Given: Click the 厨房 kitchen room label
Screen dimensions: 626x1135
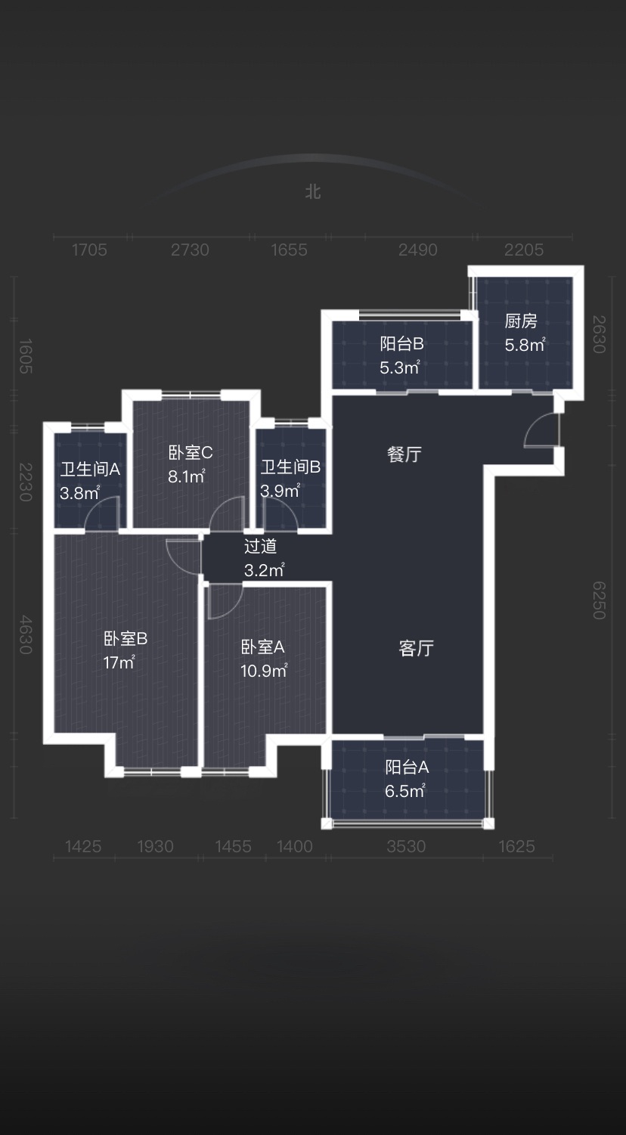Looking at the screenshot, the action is point(521,321).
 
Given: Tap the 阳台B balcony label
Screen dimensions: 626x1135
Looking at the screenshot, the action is point(401,344).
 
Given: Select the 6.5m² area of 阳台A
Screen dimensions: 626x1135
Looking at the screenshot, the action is point(404,790).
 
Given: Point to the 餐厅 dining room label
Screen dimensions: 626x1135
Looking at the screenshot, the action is point(404,454).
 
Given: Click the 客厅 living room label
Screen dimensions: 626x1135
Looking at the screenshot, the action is point(416,649).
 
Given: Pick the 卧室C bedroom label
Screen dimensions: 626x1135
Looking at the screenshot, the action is point(191,452).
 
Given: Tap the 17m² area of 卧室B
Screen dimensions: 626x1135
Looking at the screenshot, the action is point(119,662).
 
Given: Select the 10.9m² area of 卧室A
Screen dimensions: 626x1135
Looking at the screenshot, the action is point(264,671).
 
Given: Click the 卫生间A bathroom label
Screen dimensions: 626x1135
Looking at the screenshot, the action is point(90,470).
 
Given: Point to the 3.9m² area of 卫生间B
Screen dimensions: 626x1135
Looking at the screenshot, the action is point(280,491).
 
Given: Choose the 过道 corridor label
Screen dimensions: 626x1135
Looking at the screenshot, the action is point(260,546).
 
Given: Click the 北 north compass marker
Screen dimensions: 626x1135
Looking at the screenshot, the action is point(313,192).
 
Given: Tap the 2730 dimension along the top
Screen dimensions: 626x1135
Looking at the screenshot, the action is point(190,250).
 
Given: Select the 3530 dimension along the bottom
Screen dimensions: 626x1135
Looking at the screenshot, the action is point(406,846).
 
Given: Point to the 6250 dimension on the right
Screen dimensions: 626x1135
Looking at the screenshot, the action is point(599,600).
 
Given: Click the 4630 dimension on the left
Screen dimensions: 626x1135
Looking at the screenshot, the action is point(25,634).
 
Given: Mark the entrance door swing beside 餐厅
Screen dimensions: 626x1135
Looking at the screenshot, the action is point(541,430).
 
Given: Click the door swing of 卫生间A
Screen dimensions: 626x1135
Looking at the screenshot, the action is point(101,513).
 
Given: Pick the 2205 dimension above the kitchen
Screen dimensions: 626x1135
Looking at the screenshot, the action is point(524,250).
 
